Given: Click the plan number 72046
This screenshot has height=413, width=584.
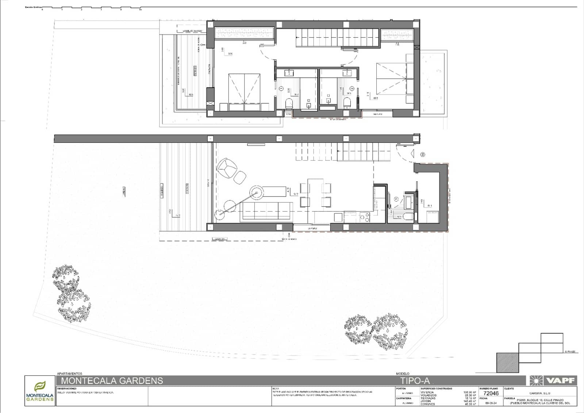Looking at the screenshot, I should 491,393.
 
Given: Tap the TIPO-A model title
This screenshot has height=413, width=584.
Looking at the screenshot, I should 415,381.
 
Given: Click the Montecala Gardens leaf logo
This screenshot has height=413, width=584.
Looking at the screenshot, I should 40,386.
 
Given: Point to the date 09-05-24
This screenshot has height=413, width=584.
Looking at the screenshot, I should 491,404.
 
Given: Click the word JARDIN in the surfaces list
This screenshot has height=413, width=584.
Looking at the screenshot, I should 426,401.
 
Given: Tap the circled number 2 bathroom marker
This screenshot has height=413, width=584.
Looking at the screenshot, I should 352,88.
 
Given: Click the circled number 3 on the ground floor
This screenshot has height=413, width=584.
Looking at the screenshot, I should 396,199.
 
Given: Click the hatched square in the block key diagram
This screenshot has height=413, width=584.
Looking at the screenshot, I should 507,363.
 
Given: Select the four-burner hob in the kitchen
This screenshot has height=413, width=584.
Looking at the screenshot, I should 365,217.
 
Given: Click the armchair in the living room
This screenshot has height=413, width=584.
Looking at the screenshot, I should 226,168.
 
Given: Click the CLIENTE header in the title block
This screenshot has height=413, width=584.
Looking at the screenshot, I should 509,389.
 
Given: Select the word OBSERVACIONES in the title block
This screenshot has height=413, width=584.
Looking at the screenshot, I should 67,389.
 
